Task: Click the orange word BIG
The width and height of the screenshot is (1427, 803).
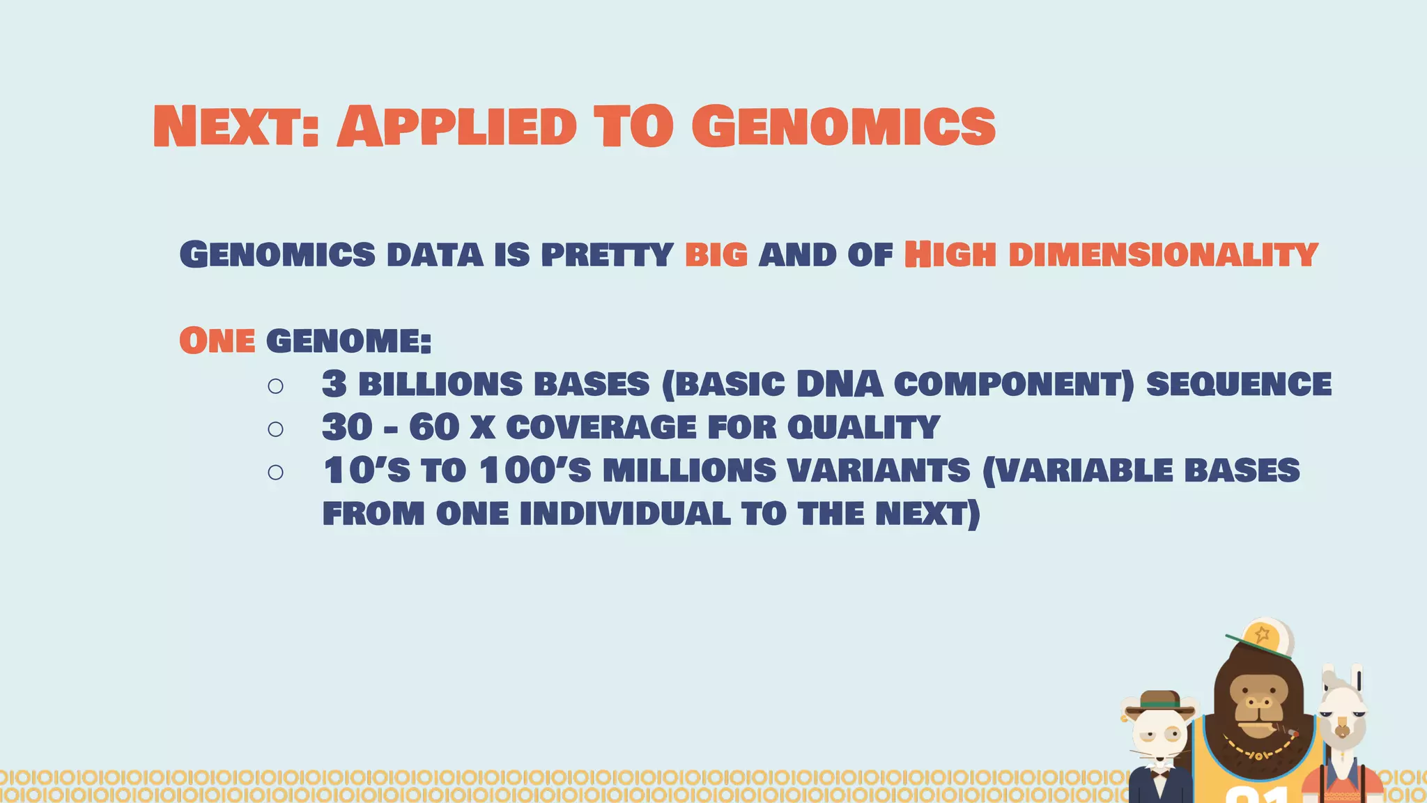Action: (x=716, y=254)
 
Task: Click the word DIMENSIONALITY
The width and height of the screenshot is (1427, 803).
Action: (x=1163, y=254)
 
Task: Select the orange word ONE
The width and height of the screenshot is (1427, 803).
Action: (x=217, y=341)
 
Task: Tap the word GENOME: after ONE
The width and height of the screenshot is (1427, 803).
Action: (x=348, y=341)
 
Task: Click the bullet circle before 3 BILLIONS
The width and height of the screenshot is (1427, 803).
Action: (x=275, y=385)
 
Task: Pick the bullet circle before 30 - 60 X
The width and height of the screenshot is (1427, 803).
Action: (x=275, y=429)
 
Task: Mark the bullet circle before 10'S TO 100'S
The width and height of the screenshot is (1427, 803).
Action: (x=275, y=472)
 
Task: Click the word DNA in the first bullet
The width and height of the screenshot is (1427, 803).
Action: (x=840, y=384)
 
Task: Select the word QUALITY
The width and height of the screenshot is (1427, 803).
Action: (x=863, y=427)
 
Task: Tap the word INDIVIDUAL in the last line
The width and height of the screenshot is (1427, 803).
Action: (x=625, y=514)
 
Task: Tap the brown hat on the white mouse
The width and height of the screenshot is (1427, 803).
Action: (x=1159, y=703)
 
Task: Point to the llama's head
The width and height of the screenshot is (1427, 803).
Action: (x=1341, y=718)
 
